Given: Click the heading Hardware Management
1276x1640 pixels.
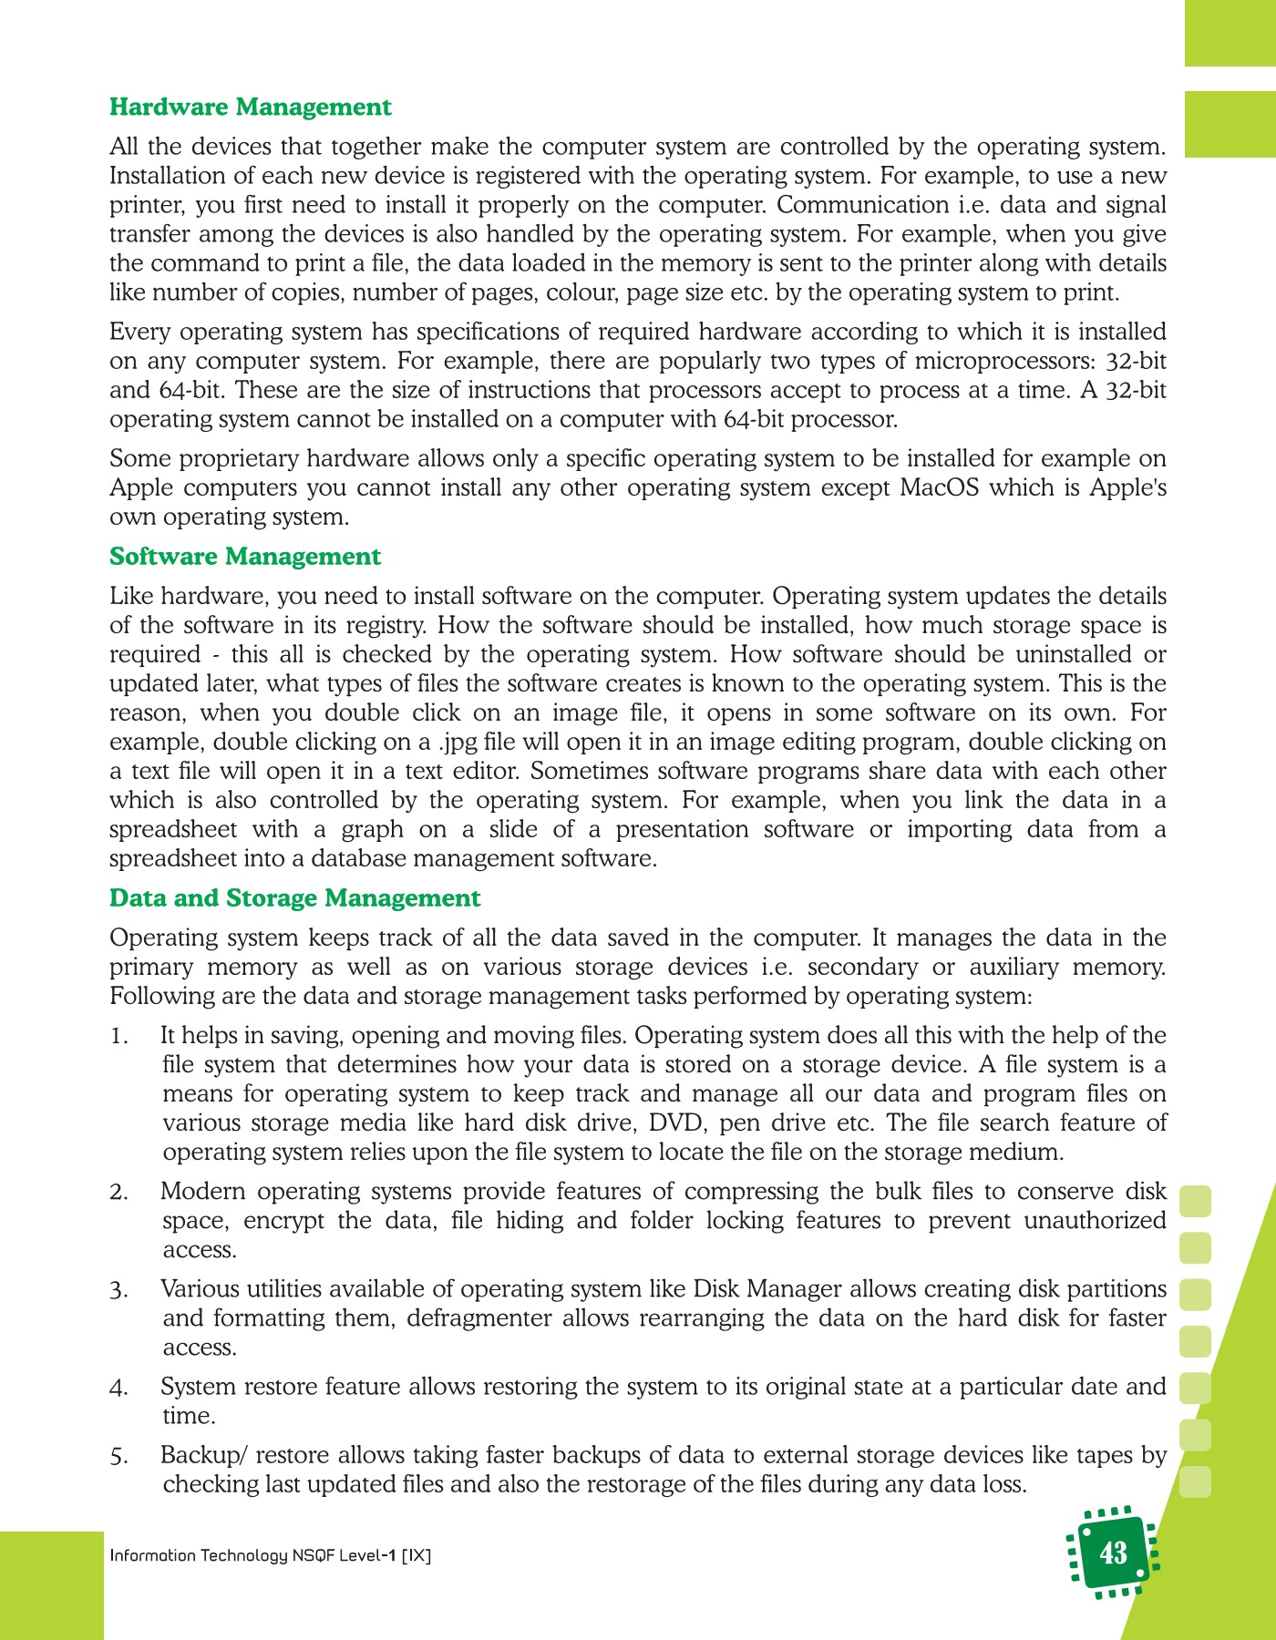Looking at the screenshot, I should [250, 108].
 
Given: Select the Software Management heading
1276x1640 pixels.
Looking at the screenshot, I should [245, 557].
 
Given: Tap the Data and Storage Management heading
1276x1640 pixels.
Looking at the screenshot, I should [294, 898].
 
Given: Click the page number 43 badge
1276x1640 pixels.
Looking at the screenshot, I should [1113, 1553].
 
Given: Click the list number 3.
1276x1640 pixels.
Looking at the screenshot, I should [118, 1291].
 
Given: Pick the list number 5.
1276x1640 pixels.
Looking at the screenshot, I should [118, 1457].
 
